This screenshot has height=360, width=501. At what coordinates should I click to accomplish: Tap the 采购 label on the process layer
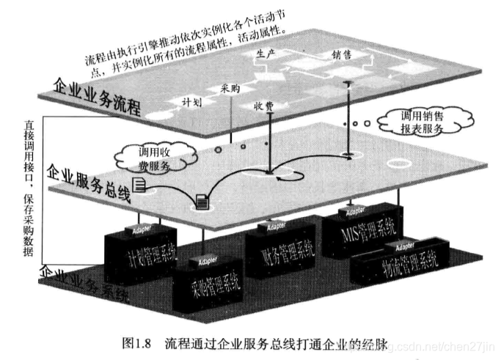click(x=230, y=88)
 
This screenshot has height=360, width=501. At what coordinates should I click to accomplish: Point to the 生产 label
click(x=265, y=53)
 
